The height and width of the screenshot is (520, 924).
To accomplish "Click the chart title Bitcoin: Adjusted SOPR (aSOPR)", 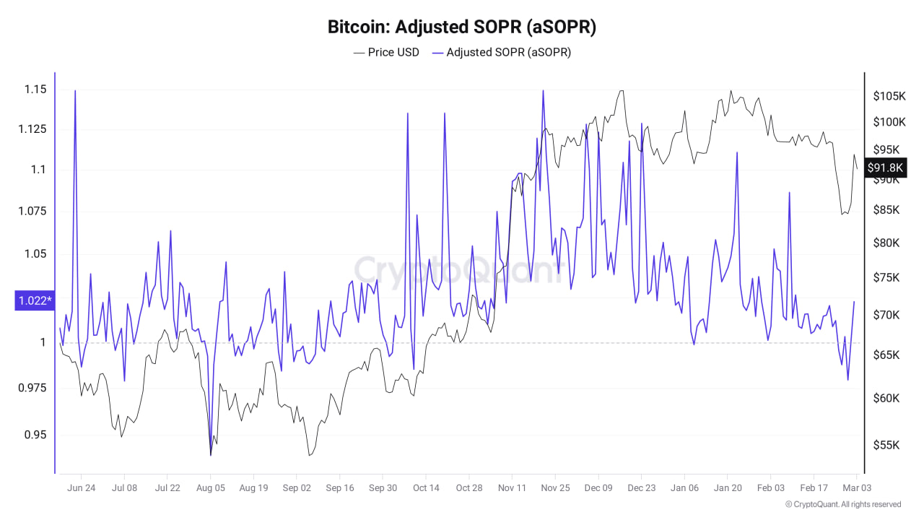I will point(462,27).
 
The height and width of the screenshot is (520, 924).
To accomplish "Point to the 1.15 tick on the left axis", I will point(35,90).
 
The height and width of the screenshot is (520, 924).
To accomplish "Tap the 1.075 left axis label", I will point(32,211).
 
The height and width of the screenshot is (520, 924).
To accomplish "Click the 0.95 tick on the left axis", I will point(35,435).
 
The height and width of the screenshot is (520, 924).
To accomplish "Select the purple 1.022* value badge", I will point(34,300).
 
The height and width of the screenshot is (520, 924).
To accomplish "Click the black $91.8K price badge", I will point(886,168).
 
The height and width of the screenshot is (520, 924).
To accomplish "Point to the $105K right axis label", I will point(889,96).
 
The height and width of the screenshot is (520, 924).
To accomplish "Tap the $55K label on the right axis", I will point(886,445).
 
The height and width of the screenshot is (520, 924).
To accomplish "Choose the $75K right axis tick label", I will point(886,278).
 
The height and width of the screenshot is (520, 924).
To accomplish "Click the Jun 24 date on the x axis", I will point(81,488).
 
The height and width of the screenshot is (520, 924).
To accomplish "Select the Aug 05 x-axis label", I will point(211,488).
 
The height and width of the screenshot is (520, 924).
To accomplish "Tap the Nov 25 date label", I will point(555,488).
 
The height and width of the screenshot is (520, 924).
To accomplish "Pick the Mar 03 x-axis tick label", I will point(857,488).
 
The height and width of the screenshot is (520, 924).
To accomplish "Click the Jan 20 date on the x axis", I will point(728,488).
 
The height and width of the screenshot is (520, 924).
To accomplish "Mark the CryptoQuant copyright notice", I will point(842,504).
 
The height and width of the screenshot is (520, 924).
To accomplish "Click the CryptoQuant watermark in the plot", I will point(457,270).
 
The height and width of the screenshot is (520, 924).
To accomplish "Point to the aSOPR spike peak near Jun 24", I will point(75,91).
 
